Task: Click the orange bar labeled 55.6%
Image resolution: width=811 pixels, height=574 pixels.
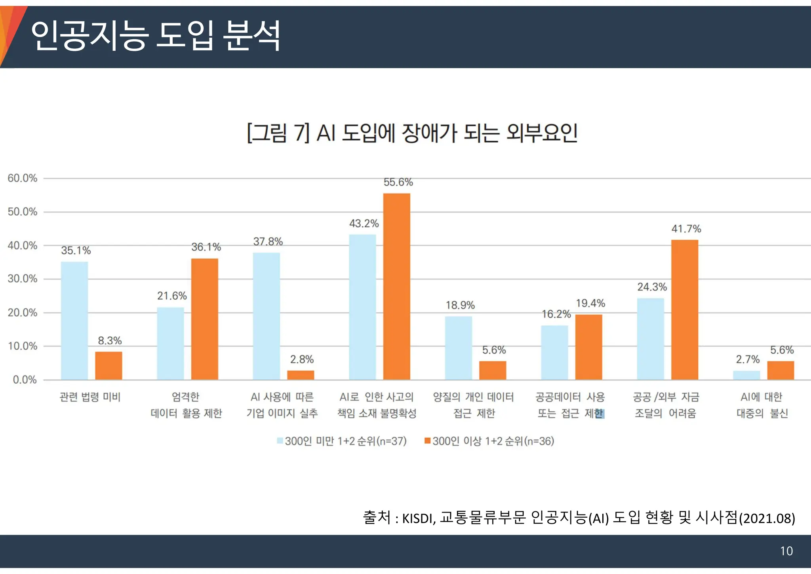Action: point(396,286)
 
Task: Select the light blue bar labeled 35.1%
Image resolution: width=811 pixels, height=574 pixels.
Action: point(74,320)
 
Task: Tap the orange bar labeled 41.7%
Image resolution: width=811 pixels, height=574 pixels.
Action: point(684,310)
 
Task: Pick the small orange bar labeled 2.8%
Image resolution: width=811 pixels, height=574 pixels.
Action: point(301,375)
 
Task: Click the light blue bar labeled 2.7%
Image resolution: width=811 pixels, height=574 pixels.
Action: point(746,375)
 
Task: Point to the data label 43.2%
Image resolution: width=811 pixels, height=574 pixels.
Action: point(364,224)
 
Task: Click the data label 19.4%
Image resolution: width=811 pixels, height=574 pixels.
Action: point(590,303)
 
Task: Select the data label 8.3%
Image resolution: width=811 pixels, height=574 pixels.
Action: point(110,341)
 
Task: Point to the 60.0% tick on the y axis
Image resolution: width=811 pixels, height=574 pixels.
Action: point(23,178)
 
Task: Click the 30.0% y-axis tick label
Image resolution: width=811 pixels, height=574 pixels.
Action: point(23,279)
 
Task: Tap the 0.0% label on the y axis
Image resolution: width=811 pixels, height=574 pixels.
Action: point(25,380)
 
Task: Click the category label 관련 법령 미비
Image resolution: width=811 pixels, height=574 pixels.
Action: point(90,397)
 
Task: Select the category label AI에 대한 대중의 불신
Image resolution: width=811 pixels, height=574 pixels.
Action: point(762,405)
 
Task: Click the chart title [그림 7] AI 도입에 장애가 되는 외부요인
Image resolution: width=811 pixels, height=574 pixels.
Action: point(412,133)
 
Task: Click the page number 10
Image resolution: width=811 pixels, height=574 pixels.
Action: point(786,551)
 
